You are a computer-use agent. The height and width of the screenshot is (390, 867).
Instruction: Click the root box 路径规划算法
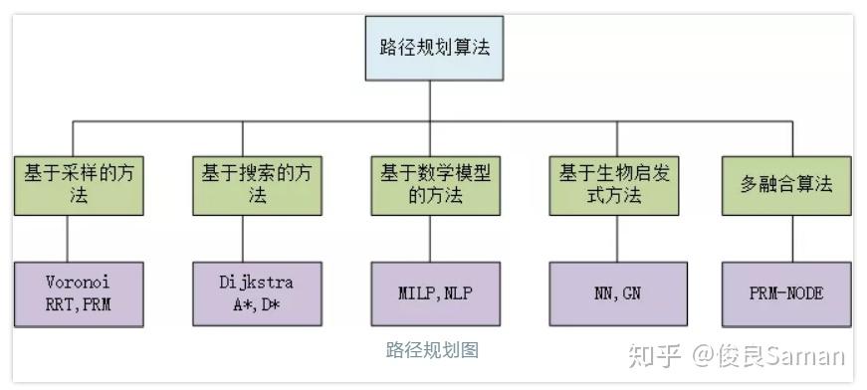point(429,47)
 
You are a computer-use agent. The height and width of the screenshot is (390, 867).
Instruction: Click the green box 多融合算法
point(786,184)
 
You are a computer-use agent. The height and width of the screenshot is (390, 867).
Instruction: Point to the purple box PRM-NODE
point(786,293)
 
